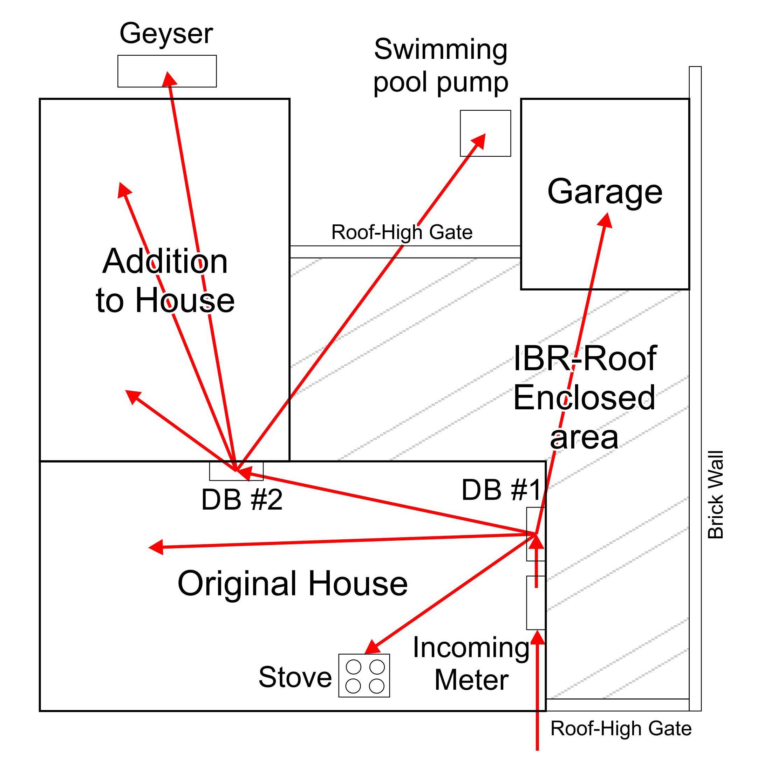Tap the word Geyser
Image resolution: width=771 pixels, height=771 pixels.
(166, 34)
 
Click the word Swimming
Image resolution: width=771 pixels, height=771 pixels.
(441, 49)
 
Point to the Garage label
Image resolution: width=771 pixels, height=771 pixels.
(605, 192)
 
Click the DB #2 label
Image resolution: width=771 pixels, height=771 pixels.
(242, 500)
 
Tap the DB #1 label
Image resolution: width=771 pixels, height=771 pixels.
(501, 490)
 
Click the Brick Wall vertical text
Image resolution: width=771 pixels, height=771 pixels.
(715, 495)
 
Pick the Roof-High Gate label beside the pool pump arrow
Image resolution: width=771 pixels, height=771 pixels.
(402, 232)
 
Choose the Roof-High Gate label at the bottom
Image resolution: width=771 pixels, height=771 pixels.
(621, 728)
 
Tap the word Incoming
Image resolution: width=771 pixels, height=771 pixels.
(471, 647)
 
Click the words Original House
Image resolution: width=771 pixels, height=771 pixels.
(293, 583)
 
